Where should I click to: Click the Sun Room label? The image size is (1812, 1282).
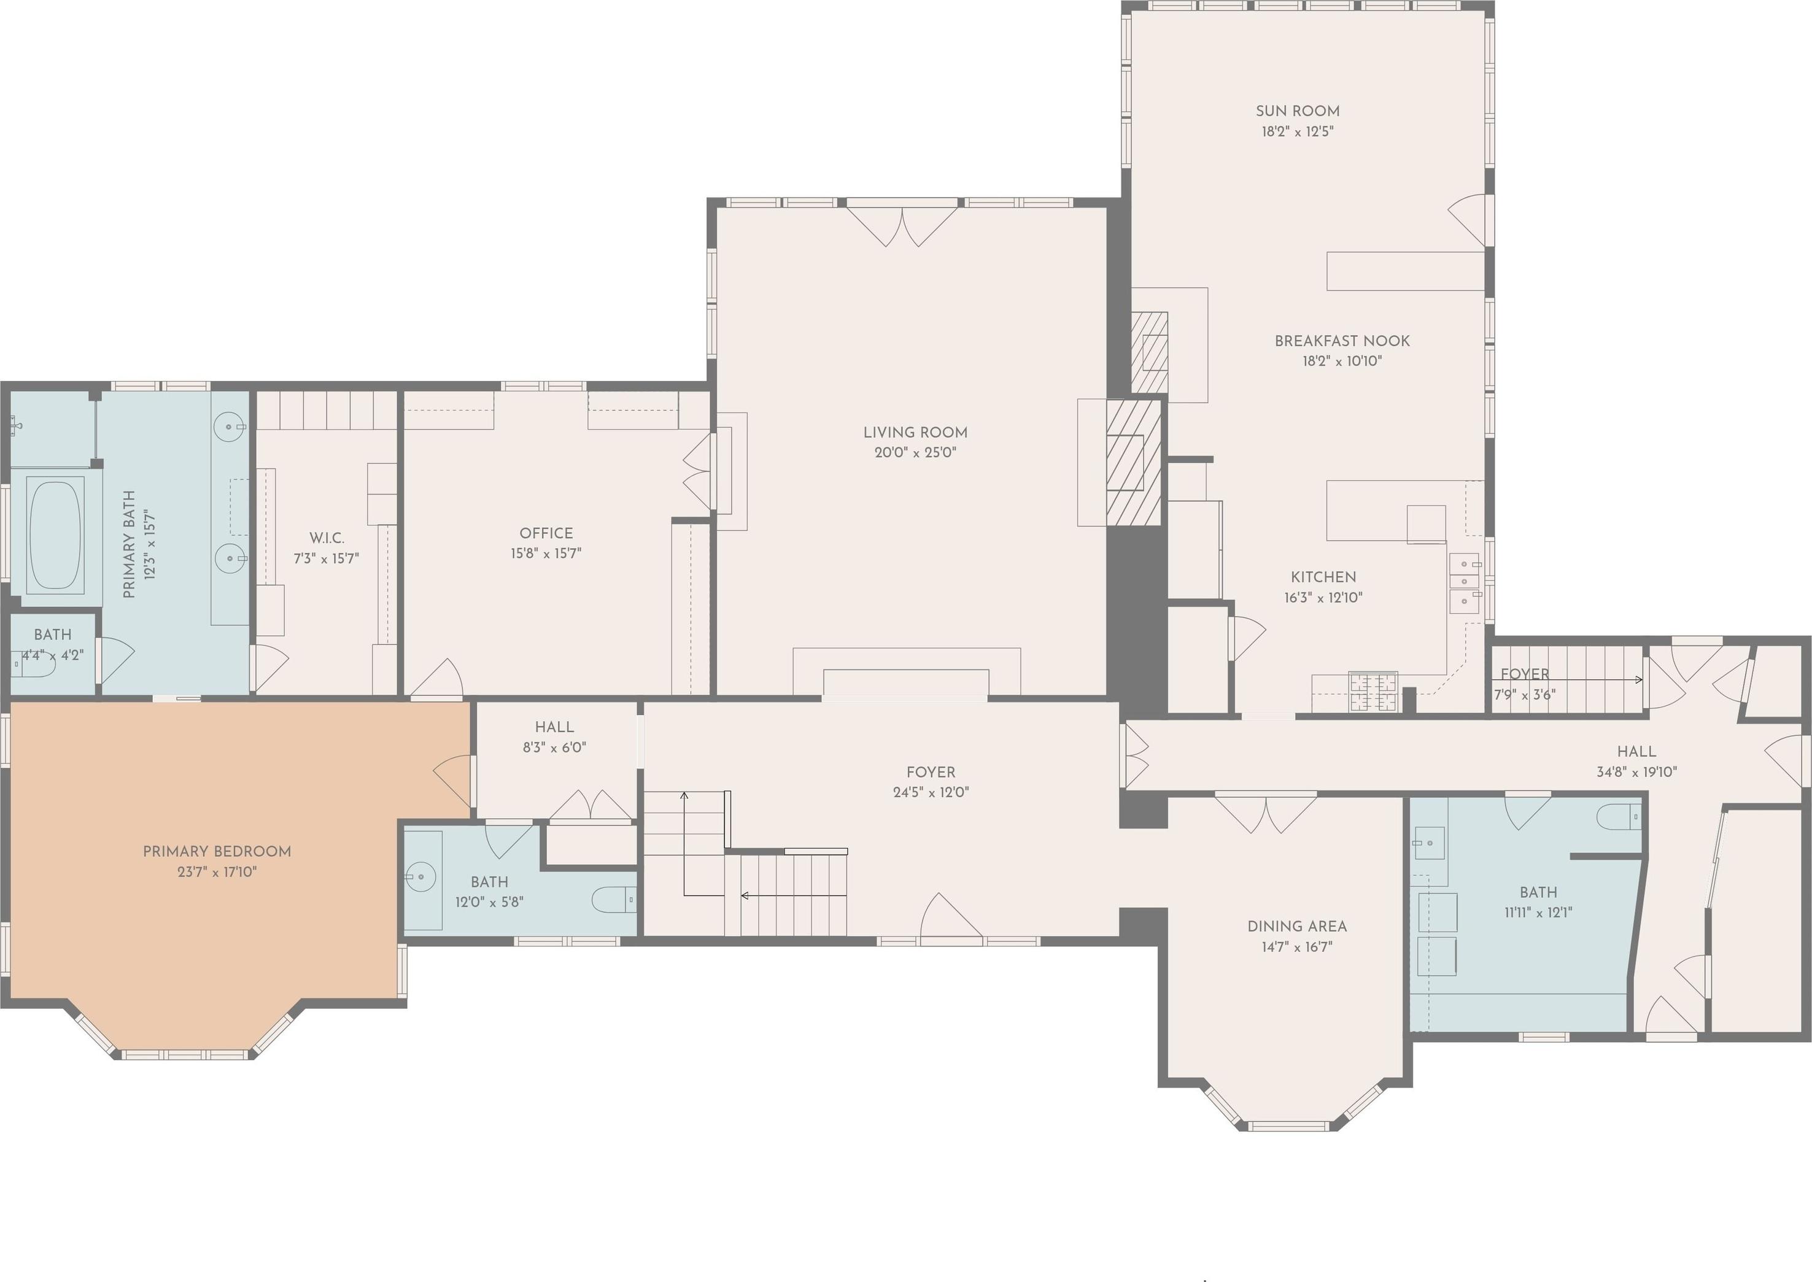click(x=1297, y=111)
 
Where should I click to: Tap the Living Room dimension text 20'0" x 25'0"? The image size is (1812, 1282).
click(x=915, y=453)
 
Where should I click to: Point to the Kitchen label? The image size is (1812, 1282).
click(x=1323, y=577)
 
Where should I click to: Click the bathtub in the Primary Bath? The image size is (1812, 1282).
click(x=55, y=535)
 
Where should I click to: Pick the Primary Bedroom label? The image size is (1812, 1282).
click(x=217, y=851)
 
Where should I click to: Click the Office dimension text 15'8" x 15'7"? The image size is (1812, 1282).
click(x=546, y=554)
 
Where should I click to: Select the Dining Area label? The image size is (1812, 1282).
click(x=1297, y=926)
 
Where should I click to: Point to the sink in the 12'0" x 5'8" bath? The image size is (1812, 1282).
click(x=422, y=876)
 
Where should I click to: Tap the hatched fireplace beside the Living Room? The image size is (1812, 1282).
click(x=1133, y=463)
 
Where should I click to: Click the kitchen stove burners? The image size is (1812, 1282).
click(x=1373, y=692)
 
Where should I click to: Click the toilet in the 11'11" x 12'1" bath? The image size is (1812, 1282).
click(x=1619, y=817)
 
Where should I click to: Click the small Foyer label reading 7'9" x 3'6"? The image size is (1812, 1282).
click(x=1525, y=684)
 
